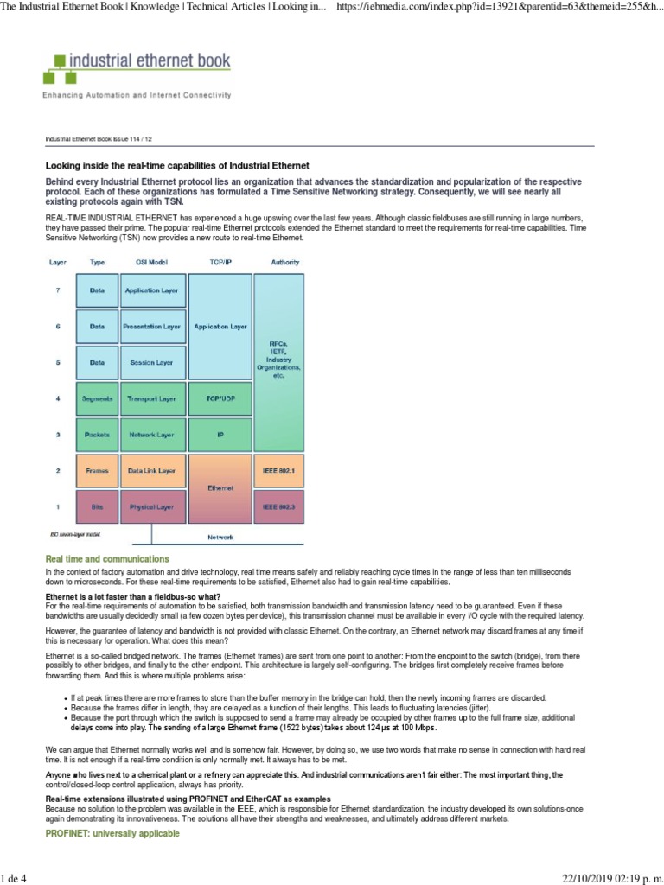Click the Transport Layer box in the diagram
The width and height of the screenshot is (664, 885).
click(x=152, y=398)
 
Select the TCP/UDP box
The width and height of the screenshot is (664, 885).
click(x=220, y=398)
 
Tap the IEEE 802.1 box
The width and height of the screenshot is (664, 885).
click(x=278, y=471)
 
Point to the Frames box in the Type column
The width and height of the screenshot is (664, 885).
click(x=97, y=471)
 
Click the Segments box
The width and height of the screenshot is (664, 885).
click(x=97, y=398)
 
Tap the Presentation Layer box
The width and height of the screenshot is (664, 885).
click(x=152, y=327)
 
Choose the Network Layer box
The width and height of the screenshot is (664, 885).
click(x=152, y=435)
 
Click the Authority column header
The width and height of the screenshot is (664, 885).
click(x=285, y=261)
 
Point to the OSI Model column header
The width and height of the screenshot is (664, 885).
click(x=152, y=261)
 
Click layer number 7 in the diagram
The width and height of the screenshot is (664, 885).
click(x=58, y=290)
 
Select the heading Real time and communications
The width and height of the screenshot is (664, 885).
click(x=106, y=559)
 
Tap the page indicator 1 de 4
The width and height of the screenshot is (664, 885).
click(x=16, y=875)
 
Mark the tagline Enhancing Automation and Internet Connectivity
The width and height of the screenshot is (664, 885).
click(x=137, y=95)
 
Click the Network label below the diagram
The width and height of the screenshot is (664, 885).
click(x=220, y=537)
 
